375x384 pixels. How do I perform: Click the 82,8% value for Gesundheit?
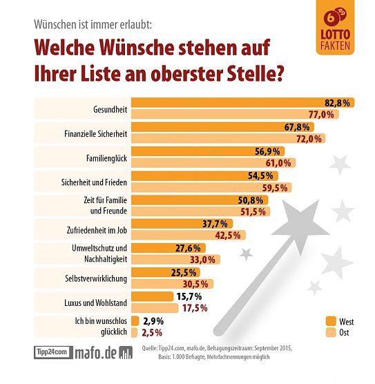(x=338, y=103)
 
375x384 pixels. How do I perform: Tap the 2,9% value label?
(x=151, y=320)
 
